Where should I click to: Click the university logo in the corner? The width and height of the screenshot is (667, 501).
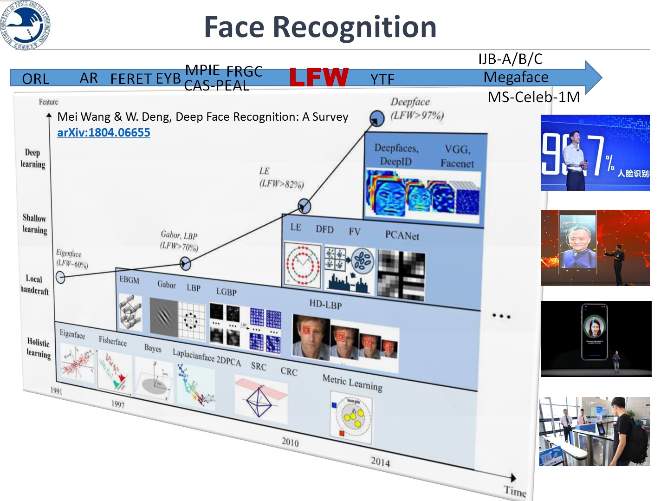click(x=26, y=25)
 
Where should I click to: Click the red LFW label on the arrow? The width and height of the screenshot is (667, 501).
click(x=319, y=77)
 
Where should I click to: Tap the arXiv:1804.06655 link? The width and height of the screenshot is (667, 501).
click(x=104, y=133)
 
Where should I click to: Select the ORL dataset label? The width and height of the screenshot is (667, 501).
click(x=35, y=79)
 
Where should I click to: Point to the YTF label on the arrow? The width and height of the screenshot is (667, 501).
click(x=382, y=80)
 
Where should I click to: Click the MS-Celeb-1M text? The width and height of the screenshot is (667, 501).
click(x=533, y=97)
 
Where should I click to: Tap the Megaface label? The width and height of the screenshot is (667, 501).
click(x=516, y=77)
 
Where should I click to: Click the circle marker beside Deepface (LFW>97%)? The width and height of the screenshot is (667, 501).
click(x=377, y=118)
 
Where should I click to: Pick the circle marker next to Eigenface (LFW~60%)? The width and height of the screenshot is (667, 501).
click(x=60, y=277)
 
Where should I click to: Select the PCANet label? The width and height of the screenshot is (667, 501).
click(x=402, y=235)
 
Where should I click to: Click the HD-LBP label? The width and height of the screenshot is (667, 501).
click(x=325, y=305)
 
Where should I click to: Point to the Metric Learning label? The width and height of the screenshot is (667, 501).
click(x=352, y=383)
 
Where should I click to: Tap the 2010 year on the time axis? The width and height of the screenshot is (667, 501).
click(x=290, y=442)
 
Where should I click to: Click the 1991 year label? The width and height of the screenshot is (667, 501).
click(x=56, y=391)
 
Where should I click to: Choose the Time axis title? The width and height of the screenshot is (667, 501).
click(x=515, y=491)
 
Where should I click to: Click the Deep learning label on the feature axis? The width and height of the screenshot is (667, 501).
click(x=32, y=158)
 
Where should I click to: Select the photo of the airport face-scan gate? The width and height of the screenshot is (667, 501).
click(x=594, y=431)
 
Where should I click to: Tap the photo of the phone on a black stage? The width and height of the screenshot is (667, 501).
click(x=596, y=338)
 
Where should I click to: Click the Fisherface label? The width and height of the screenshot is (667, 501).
click(x=112, y=341)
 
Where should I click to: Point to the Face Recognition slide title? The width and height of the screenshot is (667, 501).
click(x=320, y=27)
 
